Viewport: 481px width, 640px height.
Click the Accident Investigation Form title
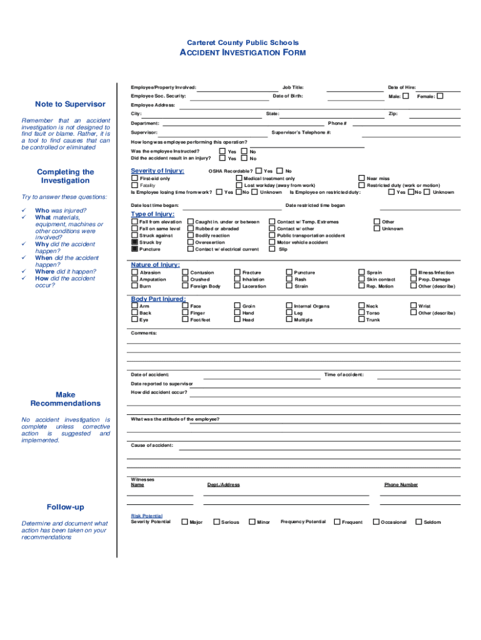[242, 53]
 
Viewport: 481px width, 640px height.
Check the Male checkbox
[406, 96]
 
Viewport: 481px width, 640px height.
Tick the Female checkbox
[440, 96]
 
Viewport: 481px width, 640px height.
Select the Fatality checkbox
[134, 186]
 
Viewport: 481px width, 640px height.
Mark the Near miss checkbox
[362, 179]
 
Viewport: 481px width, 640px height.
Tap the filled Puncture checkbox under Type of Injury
[134, 249]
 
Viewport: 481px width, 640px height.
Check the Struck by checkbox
[134, 242]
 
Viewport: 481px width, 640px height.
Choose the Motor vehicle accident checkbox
[272, 242]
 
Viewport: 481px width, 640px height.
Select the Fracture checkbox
[237, 272]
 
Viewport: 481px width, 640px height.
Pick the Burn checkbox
[134, 286]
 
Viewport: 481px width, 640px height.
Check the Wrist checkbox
[413, 306]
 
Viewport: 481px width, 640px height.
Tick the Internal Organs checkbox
[289, 306]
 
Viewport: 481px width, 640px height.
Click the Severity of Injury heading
[157, 171]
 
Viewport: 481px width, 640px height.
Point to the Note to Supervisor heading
[70, 104]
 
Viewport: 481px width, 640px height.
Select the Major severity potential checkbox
[185, 521]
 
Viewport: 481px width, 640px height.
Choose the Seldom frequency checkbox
[419, 521]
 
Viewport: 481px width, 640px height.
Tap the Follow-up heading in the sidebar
[65, 507]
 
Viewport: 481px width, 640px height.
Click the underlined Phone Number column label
[401, 484]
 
